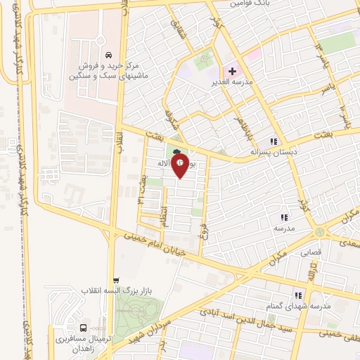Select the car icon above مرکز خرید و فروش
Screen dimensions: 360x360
[108, 55]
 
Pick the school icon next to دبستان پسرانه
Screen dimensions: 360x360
[274, 141]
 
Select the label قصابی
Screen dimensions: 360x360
[310, 250]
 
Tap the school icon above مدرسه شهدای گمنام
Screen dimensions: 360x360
[298, 295]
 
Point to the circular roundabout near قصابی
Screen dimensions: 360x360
[321, 231]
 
